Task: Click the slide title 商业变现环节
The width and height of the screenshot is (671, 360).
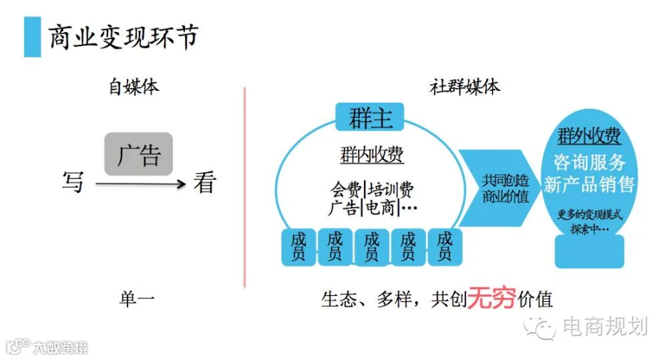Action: point(124,37)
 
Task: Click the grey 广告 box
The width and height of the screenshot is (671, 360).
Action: point(139,154)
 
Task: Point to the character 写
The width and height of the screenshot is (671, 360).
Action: point(73,182)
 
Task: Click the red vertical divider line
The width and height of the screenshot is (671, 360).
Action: point(245,186)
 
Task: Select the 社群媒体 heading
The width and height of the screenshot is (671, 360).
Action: point(464,86)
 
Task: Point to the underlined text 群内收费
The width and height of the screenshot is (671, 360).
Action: point(371,154)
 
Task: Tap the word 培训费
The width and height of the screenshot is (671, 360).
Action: point(391,188)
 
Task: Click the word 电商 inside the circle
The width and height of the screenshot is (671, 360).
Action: point(379,207)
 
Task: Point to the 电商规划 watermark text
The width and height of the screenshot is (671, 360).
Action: point(605,326)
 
